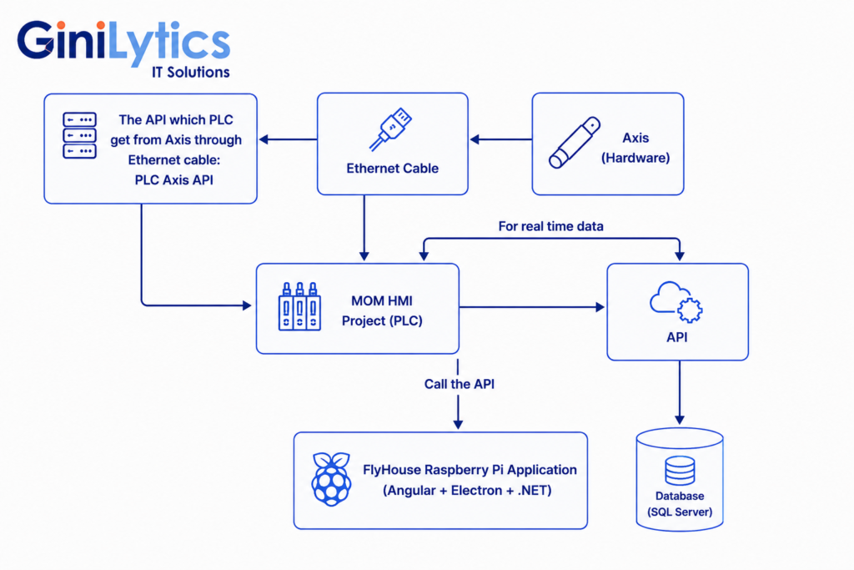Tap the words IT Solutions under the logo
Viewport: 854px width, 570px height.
191,73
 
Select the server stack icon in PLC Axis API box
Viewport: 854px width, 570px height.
79,135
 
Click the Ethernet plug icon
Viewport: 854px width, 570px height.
390,129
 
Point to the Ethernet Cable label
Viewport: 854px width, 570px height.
392,168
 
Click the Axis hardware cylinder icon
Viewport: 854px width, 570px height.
574,142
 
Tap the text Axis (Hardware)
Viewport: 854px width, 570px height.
635,148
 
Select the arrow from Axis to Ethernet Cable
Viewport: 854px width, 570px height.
501,139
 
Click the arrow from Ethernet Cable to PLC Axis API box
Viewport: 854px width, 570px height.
288,139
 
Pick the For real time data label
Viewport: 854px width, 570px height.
550,226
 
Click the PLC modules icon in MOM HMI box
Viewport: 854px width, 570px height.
299,306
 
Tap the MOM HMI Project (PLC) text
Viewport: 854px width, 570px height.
382,310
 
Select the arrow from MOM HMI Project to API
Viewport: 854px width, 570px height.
532,307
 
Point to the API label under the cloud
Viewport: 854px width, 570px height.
677,337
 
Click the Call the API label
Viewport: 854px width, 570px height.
460,384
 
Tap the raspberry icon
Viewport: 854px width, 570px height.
331,479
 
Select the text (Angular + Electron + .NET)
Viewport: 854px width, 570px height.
467,491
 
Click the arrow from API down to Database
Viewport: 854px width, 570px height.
679,392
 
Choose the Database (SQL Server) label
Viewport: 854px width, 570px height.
680,504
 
